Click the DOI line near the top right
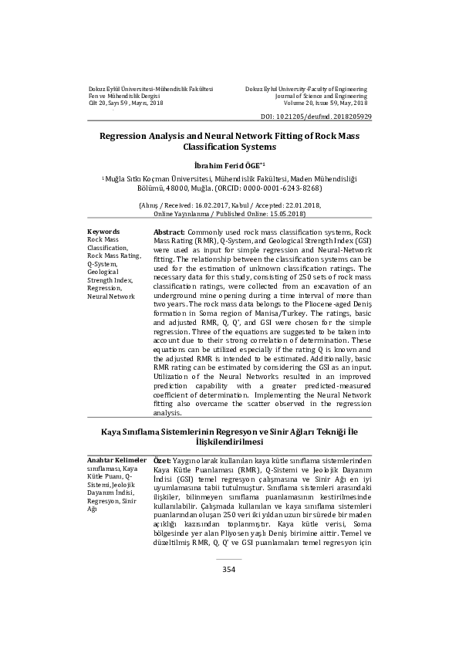click(x=316, y=115)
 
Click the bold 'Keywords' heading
click(x=103, y=232)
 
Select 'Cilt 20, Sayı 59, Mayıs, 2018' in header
click(x=125, y=103)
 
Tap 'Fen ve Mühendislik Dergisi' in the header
click(x=123, y=96)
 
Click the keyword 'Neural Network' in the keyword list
click(x=110, y=296)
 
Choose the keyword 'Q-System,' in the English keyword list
click(x=102, y=263)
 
